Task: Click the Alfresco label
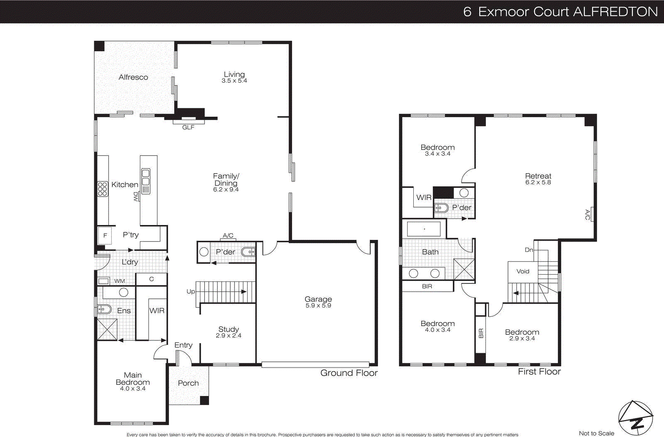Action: tap(133, 77)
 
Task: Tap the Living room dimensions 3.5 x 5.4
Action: tap(234, 81)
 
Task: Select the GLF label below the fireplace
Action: tap(188, 127)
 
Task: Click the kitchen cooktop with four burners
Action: tap(103, 189)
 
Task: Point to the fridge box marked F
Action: tap(105, 235)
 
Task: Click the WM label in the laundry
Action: tap(120, 281)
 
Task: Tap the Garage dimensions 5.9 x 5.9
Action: tap(318, 305)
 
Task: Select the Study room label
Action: tap(228, 329)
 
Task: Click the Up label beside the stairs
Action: tap(190, 291)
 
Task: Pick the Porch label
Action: tap(188, 383)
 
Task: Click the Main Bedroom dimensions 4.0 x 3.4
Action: tap(133, 389)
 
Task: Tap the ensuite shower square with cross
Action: tap(107, 330)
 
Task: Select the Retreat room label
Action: tap(538, 176)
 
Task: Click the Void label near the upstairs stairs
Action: tap(522, 271)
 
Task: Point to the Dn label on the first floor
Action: tap(529, 250)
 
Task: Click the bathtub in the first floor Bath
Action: tap(424, 229)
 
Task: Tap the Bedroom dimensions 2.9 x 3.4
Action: tap(522, 339)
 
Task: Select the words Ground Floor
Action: tap(349, 373)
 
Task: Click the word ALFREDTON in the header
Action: tap(616, 12)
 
